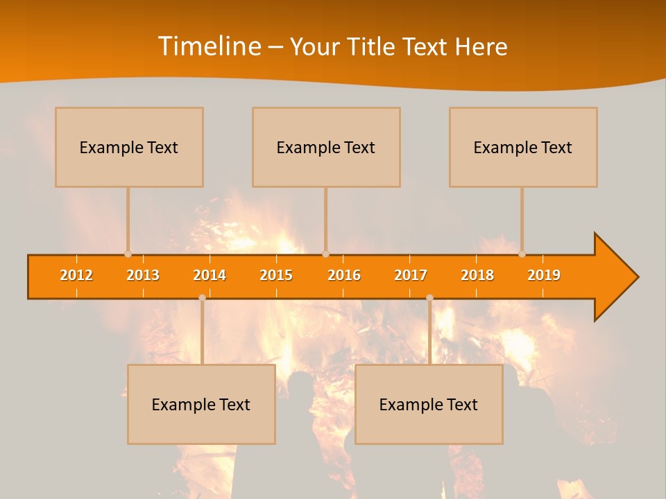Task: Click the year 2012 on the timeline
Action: click(x=76, y=275)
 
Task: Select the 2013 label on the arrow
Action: click(x=143, y=275)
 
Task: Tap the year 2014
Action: click(x=210, y=275)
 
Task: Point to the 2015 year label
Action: click(x=276, y=275)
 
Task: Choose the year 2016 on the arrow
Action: click(x=344, y=275)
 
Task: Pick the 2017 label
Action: click(x=411, y=275)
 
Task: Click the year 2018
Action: click(x=477, y=275)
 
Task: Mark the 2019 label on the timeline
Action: click(x=544, y=275)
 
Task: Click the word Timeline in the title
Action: click(x=209, y=46)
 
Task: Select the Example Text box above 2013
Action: click(x=129, y=147)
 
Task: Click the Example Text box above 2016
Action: click(x=326, y=147)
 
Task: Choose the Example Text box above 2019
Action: click(x=523, y=147)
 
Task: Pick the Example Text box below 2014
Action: click(x=201, y=404)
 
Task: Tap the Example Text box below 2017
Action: click(x=429, y=404)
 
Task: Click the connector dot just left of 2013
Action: click(x=128, y=254)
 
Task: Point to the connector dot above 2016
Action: click(x=325, y=254)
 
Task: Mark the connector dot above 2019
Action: click(x=522, y=254)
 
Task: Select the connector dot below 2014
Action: click(x=202, y=298)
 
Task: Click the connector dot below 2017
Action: click(x=429, y=298)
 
